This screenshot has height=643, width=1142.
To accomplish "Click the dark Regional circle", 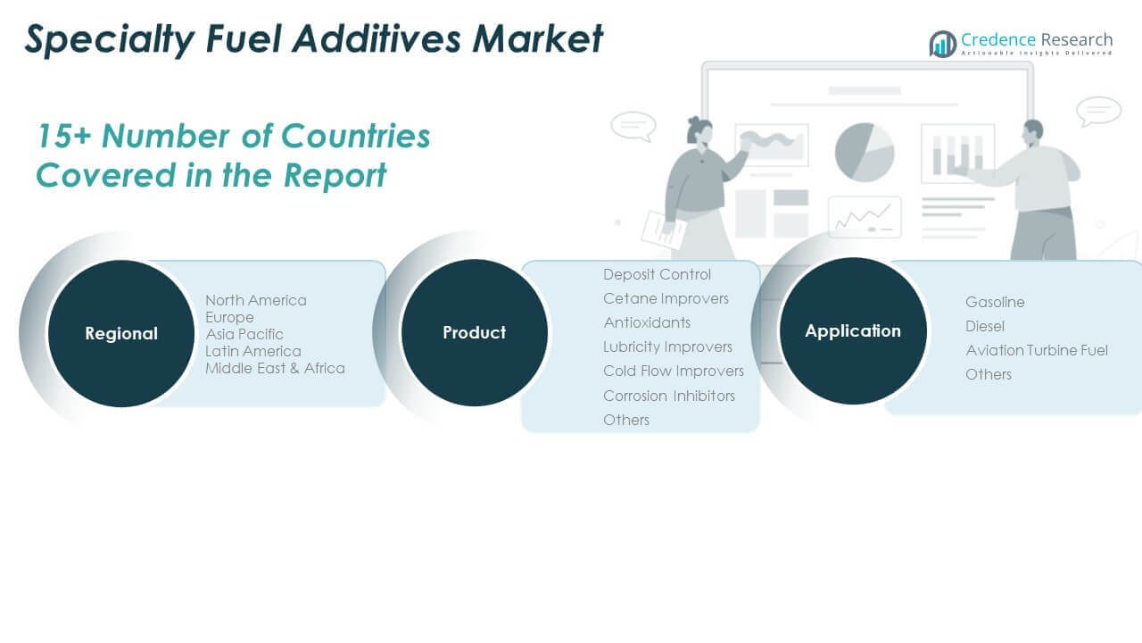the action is tap(121, 333).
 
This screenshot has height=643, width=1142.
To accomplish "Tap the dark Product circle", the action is tap(474, 332).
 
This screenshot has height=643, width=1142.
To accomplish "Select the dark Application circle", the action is tap(853, 330).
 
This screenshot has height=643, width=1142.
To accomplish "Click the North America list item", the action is tap(256, 300).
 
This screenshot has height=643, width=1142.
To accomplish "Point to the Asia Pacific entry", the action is tap(244, 334).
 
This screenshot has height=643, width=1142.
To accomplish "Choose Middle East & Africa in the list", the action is tap(275, 368).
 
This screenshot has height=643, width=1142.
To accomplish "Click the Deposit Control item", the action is tap(657, 274).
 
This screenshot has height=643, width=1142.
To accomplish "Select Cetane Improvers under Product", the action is tap(666, 298).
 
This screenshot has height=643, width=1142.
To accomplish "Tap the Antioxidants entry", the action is tap(647, 322).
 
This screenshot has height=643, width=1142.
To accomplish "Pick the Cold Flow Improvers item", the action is tap(674, 371).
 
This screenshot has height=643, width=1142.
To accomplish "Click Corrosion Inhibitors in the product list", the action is tap(669, 396).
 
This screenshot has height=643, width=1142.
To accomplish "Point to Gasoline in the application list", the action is tap(995, 302).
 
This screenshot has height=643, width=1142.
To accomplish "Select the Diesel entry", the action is tap(984, 326).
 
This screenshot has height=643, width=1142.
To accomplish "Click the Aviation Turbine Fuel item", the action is tap(1037, 350).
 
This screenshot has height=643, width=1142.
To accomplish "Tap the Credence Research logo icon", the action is tap(943, 44).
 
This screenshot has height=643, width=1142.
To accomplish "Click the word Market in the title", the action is tap(538, 38).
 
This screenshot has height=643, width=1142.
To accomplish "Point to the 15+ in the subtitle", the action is tap(64, 137).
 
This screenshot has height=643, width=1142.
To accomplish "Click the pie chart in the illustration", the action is tap(865, 152).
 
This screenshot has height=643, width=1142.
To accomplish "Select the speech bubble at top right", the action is tap(1098, 111).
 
